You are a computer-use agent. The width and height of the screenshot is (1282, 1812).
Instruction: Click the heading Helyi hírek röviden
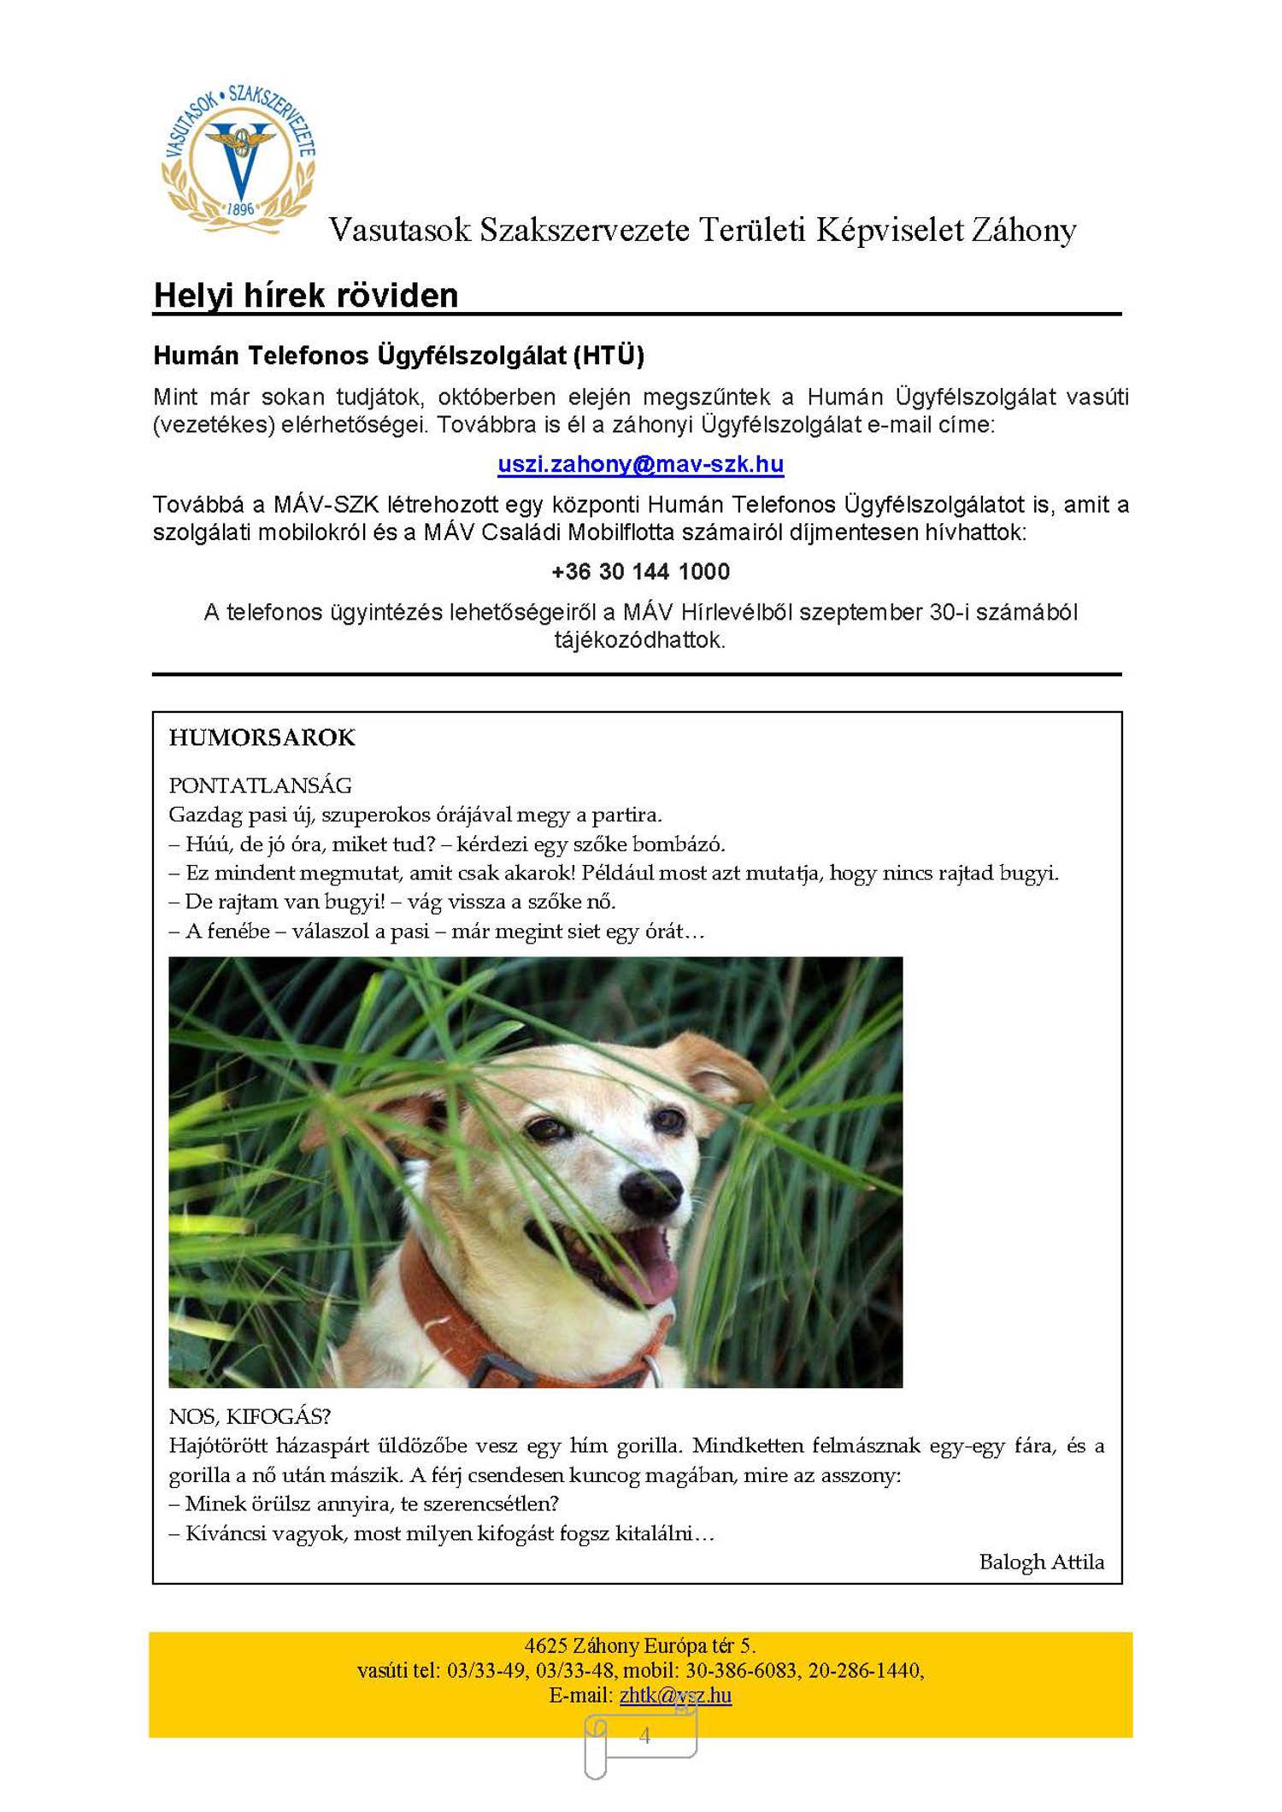click(305, 296)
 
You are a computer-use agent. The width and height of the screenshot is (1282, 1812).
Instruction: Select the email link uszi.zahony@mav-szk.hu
click(640, 464)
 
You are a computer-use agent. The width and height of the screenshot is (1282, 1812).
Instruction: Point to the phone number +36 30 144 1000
click(640, 572)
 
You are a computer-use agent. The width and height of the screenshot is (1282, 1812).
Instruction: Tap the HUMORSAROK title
click(262, 738)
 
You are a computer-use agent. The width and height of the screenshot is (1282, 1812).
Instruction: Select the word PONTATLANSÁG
click(260, 785)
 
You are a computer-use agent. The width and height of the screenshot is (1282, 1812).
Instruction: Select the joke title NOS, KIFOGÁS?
click(250, 1416)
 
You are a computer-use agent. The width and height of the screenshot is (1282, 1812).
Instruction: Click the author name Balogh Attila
click(1041, 1562)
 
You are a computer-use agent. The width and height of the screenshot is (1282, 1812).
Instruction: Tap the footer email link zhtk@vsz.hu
click(675, 1695)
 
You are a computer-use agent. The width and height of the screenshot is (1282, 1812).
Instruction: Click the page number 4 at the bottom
click(644, 1735)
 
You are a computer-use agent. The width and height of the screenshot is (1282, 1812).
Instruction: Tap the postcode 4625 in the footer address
click(545, 1645)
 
